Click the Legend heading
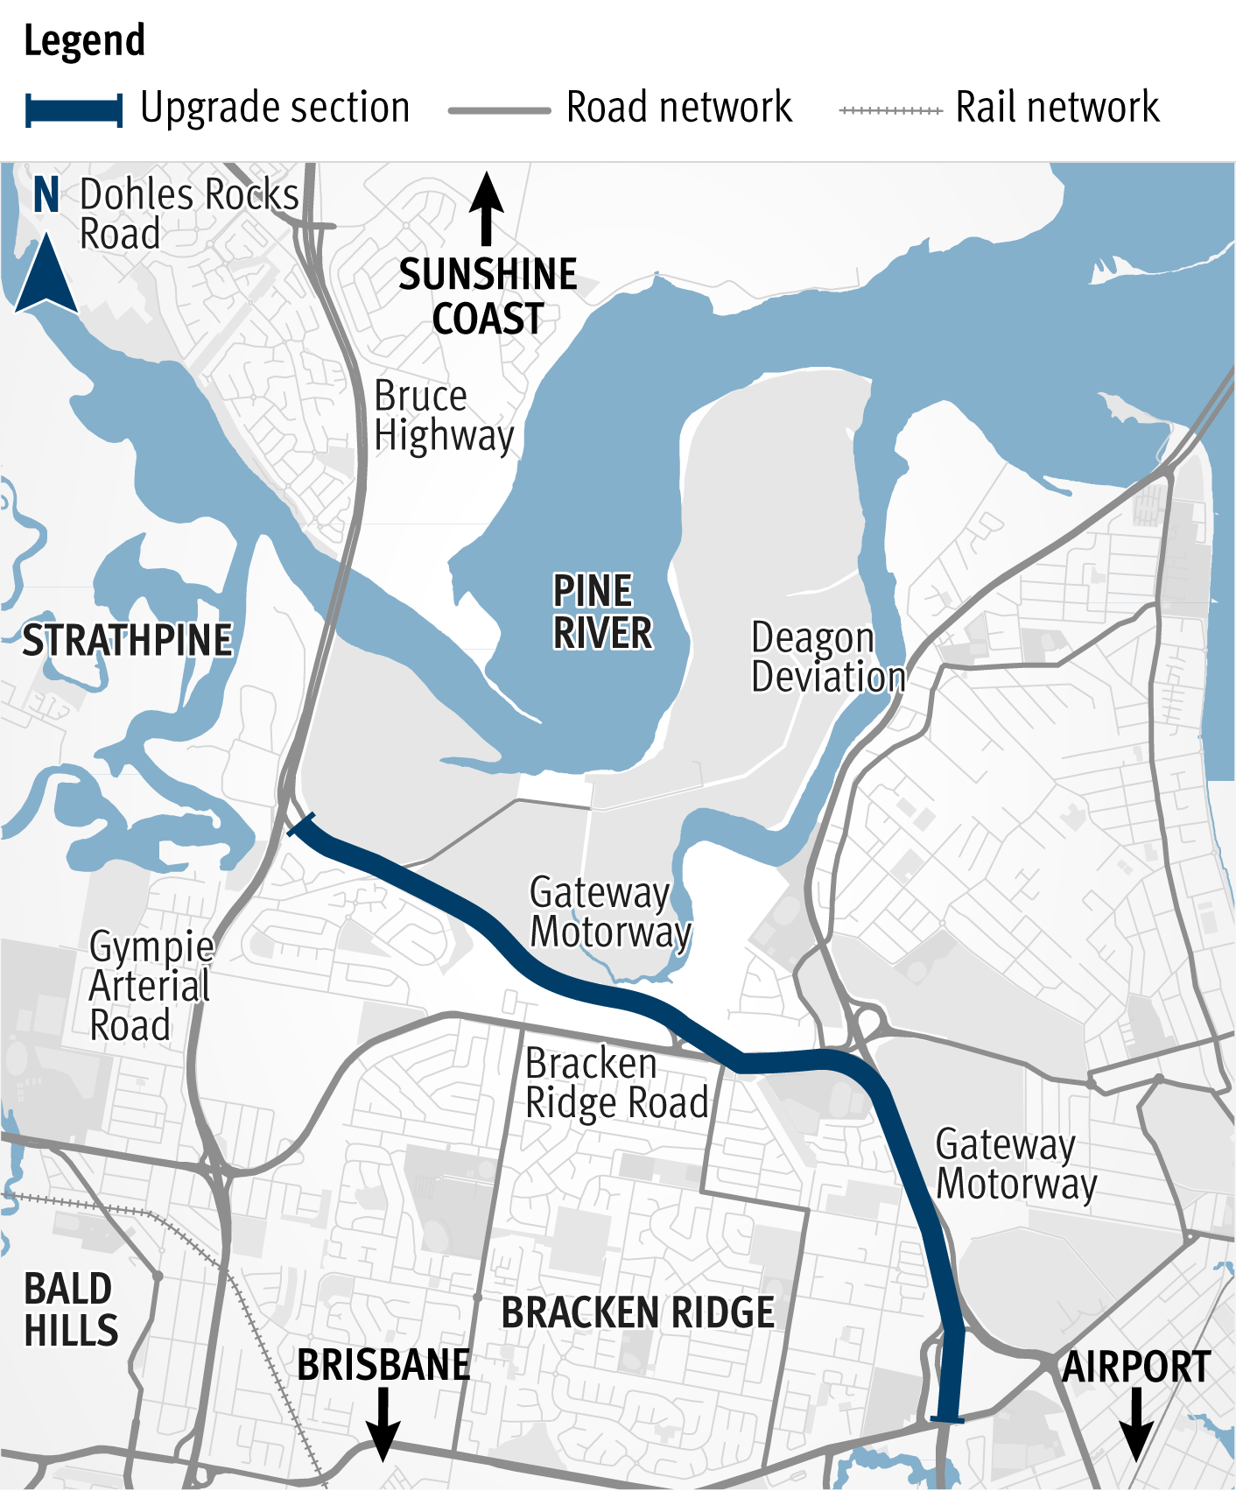84,41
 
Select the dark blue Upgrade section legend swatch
74,110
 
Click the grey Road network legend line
499,110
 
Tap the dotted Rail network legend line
889,110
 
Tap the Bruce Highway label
443,417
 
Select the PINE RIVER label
602,612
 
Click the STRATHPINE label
127,641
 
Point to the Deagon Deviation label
827,658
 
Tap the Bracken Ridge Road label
616,1084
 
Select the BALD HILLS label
70,1310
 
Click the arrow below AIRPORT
1135,1425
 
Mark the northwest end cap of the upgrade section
301,824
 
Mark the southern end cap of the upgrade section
947,1419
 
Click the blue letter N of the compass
46,194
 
